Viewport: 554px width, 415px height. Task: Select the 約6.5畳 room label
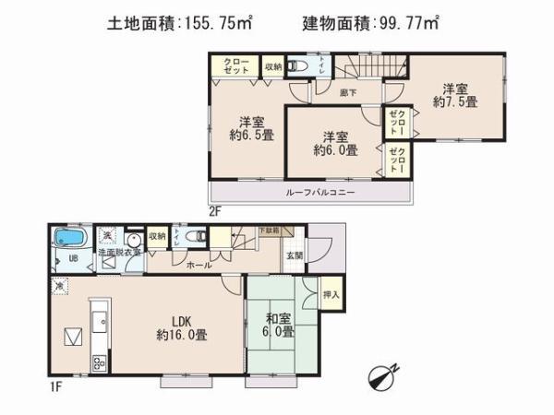pos(247,128)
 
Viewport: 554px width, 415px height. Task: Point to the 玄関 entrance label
pos(293,255)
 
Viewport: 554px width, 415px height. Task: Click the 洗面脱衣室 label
pos(120,252)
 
